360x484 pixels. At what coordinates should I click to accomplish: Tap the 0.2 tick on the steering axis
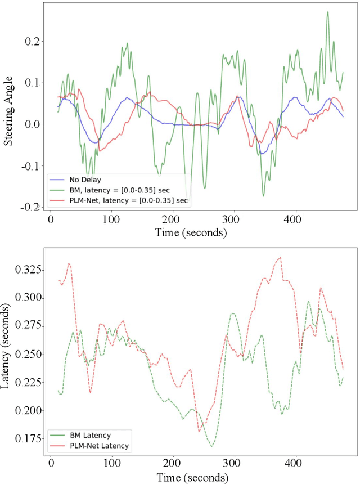(x=33, y=42)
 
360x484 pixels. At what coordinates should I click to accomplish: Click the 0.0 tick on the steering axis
(x=33, y=124)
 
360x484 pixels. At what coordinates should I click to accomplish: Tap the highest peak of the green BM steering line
(x=327, y=12)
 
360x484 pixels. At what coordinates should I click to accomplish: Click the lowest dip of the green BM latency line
(x=212, y=446)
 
